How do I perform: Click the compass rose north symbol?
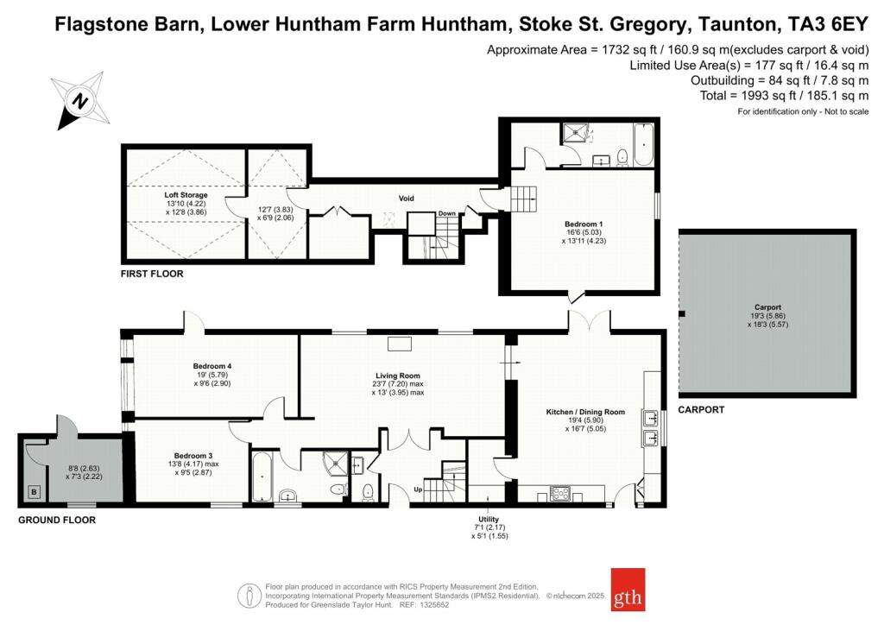tap(80, 101)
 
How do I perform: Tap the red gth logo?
tap(628, 590)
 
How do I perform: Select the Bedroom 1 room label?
tap(584, 224)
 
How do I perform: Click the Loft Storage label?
tap(186, 195)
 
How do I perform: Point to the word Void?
tap(406, 199)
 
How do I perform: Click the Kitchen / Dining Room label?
tap(585, 412)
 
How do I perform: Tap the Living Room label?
tap(397, 376)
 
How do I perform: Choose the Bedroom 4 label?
tap(212, 366)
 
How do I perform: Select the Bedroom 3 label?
tap(193, 456)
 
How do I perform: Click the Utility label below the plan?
tap(489, 519)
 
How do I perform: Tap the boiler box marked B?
tap(35, 492)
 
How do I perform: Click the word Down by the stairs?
tap(447, 213)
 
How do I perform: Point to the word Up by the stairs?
tap(418, 489)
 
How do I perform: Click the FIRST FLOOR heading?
tap(152, 274)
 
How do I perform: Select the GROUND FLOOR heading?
tap(57, 521)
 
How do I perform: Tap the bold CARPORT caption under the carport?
tap(701, 410)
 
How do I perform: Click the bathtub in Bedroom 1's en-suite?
tap(643, 144)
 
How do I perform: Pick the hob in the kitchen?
tap(560, 494)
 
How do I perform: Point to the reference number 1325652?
tap(433, 605)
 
